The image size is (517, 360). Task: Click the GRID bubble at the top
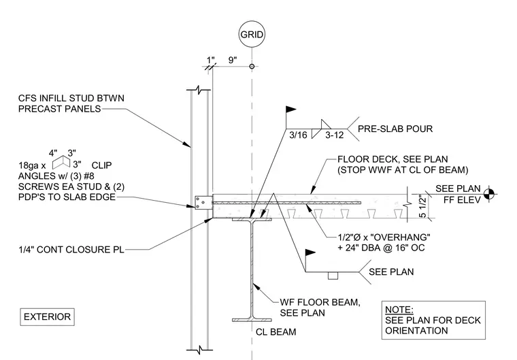[x=252, y=34]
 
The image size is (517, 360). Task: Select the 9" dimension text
[x=233, y=60]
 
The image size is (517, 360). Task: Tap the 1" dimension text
[x=210, y=60]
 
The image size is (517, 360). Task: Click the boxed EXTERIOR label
[x=47, y=316]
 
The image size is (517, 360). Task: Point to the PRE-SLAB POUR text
[x=395, y=129]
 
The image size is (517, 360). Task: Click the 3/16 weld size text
[x=298, y=135]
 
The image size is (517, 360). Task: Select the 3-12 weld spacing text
[x=334, y=135]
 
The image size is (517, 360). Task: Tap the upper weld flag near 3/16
[x=290, y=110]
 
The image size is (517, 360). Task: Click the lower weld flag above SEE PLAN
[x=310, y=253]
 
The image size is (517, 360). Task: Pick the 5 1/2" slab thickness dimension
[x=422, y=207]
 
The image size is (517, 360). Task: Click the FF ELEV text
[x=462, y=200]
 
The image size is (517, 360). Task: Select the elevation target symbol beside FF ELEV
[x=489, y=194]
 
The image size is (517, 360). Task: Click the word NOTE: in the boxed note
[x=399, y=310]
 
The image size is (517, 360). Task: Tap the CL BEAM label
[x=276, y=332]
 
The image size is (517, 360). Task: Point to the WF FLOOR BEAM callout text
[x=320, y=308]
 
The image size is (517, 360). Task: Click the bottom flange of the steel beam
[x=252, y=320]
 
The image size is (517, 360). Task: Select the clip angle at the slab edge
[x=203, y=203]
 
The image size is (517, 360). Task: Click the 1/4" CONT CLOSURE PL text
[x=71, y=250]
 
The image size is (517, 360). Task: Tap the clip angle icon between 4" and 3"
[x=61, y=163]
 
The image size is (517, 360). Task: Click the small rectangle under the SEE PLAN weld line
[x=333, y=276]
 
